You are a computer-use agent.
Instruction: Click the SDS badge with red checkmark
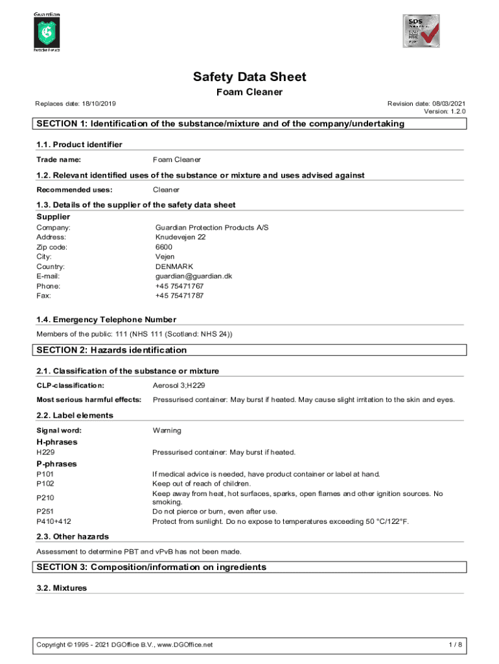coord(421,30)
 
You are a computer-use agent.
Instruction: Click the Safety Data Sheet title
coord(250,77)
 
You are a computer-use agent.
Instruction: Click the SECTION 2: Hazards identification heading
coord(111,350)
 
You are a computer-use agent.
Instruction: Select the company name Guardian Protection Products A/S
coord(212,228)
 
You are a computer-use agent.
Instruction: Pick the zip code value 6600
coord(164,247)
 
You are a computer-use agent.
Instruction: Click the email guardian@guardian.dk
coord(193,276)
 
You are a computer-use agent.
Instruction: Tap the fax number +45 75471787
coord(180,296)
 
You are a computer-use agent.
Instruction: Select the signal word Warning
coord(167,430)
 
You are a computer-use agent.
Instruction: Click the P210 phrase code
coord(45,497)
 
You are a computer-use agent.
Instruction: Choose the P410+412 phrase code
coord(54,521)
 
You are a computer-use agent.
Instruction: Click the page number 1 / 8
coord(456,645)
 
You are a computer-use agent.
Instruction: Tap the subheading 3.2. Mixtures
coord(62,588)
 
